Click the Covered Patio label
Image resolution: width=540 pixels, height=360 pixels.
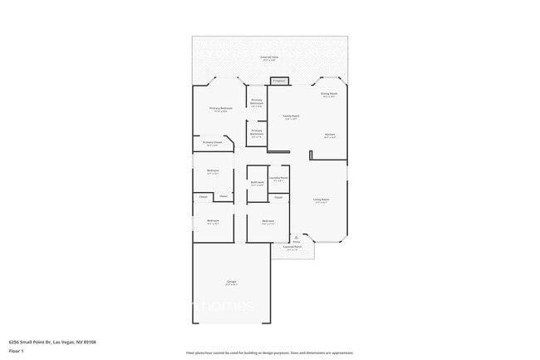pyautogui.click(x=269, y=58)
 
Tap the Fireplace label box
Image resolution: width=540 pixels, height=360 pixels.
pyautogui.click(x=278, y=81)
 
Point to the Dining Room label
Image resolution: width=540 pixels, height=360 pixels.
pyautogui.click(x=328, y=96)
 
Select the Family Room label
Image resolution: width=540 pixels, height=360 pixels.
pyautogui.click(x=290, y=117)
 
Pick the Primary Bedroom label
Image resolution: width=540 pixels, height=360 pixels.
pyautogui.click(x=220, y=110)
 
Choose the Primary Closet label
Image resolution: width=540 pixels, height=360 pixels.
pyautogui.click(x=212, y=144)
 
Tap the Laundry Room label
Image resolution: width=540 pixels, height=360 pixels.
pyautogui.click(x=278, y=179)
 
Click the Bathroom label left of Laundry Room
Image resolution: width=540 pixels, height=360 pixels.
pyautogui.click(x=257, y=184)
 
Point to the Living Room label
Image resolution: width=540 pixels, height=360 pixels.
pyautogui.click(x=321, y=200)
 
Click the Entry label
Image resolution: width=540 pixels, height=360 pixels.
pyautogui.click(x=296, y=242)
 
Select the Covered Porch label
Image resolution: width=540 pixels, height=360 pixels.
pyautogui.click(x=292, y=248)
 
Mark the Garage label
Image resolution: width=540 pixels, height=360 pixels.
pyautogui.click(x=231, y=283)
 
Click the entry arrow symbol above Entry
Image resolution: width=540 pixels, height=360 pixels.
pyautogui.click(x=296, y=236)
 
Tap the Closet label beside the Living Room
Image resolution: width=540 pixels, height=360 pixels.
pyautogui.click(x=278, y=198)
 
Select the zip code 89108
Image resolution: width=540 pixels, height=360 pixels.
pyautogui.click(x=90, y=342)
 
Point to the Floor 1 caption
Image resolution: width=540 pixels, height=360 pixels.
pyautogui.click(x=17, y=351)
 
